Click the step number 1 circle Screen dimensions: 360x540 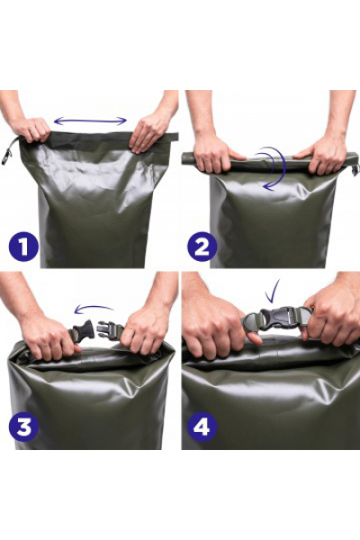click(23, 247)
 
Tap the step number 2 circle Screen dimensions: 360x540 click(202, 247)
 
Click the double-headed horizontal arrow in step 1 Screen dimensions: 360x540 click(91, 121)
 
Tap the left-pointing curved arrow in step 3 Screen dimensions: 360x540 click(94, 308)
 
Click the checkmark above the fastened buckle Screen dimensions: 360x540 click(272, 291)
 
